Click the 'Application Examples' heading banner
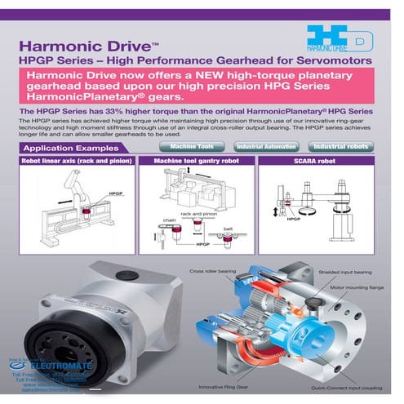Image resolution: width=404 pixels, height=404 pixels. [x=69, y=149]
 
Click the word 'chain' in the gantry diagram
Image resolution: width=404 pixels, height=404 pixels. [x=169, y=220]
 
